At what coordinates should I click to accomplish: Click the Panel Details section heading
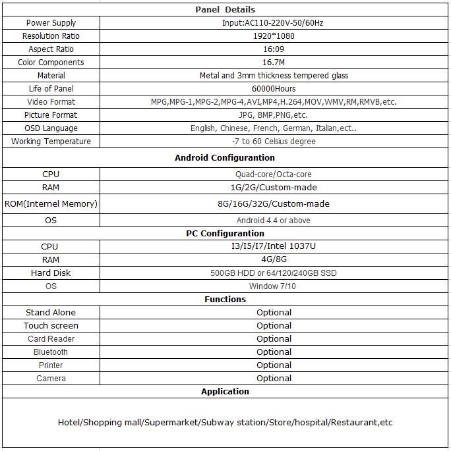tap(225, 10)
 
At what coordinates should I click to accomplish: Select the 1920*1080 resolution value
tap(274, 36)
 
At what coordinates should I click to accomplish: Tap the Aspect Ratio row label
tap(51, 49)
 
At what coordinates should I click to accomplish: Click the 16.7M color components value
tap(274, 63)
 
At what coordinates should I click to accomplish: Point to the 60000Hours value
tap(274, 89)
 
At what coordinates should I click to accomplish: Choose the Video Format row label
tap(51, 102)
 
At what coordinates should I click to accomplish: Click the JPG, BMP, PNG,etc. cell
tap(274, 115)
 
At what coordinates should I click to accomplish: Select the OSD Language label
tap(51, 128)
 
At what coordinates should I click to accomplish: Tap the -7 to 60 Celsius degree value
tap(274, 142)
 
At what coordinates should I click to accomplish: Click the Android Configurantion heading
tap(225, 158)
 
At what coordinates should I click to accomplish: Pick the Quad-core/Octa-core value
tap(274, 174)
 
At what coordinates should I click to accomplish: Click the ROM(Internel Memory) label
tap(51, 204)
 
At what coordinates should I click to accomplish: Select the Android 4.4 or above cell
tap(274, 221)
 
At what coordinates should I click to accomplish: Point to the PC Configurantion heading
tap(225, 234)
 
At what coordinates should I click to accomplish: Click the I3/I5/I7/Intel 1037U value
tap(274, 246)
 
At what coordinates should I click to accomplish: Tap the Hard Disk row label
tap(51, 273)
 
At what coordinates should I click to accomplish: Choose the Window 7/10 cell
tap(274, 286)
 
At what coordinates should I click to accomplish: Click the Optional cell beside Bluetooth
tap(274, 352)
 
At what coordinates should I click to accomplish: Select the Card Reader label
tap(51, 339)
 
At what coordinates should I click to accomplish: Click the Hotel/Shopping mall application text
tap(225, 422)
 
